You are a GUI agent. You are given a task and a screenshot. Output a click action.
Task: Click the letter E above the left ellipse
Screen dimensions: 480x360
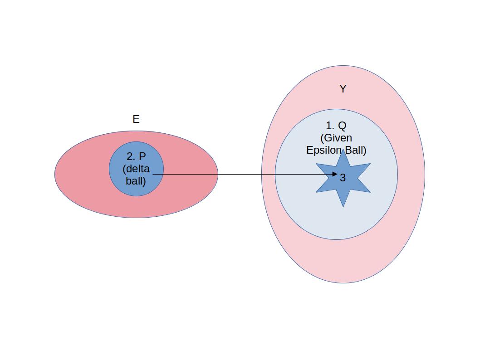click(136, 119)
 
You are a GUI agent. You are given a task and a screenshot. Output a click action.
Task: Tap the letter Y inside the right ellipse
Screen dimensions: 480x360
click(343, 89)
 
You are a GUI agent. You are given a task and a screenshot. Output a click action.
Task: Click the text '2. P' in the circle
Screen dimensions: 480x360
click(136, 157)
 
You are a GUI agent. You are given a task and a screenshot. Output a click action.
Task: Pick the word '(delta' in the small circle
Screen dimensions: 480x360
click(136, 169)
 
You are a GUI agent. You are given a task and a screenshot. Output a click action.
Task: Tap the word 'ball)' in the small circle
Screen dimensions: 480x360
click(136, 181)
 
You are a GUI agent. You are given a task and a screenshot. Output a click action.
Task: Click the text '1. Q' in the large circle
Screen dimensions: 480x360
click(336, 126)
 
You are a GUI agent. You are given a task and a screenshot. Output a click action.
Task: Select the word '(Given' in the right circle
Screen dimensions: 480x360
click(336, 138)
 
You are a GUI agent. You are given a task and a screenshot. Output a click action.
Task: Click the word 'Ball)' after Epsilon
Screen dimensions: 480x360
click(356, 150)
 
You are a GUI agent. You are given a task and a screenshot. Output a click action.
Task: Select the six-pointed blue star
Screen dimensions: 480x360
click(352, 186)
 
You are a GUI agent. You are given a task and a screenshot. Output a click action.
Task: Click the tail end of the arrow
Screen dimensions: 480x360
click(154, 174)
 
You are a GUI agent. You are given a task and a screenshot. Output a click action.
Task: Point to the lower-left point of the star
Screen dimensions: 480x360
click(317, 192)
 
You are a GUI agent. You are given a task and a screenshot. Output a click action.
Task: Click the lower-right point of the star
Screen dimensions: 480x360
click(369, 192)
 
